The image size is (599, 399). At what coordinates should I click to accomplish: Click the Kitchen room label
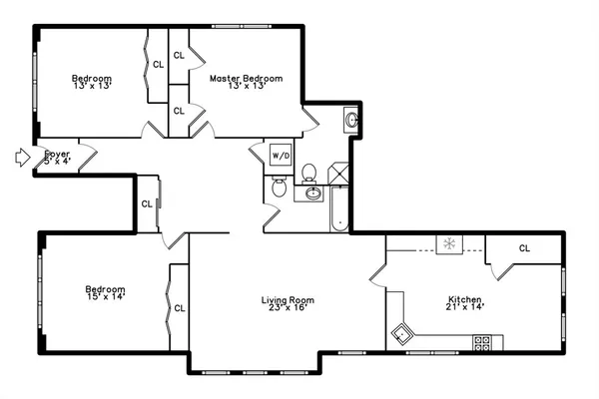tap(465, 299)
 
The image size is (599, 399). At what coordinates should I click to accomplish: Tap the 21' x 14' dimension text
tap(465, 308)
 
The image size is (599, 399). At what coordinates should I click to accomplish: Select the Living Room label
tap(288, 299)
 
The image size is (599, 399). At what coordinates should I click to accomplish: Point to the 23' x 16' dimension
tap(288, 308)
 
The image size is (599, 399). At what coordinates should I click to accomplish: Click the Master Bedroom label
tap(246, 78)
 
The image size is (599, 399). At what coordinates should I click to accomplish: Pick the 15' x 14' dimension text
tap(105, 298)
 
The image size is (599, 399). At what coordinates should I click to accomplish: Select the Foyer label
tap(57, 153)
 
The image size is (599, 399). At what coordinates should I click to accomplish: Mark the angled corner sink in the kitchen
tap(403, 333)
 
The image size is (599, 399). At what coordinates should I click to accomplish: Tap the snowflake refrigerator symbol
tap(449, 242)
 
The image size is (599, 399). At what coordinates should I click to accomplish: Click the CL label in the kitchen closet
tap(524, 248)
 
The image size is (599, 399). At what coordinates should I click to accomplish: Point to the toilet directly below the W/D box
tap(280, 186)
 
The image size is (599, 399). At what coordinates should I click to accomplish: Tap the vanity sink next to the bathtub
tap(311, 193)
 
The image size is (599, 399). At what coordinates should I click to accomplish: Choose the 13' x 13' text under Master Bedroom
tap(246, 87)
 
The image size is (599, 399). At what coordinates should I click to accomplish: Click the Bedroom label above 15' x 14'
tap(105, 289)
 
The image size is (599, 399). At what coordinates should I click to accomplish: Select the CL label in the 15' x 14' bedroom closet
tap(180, 308)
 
